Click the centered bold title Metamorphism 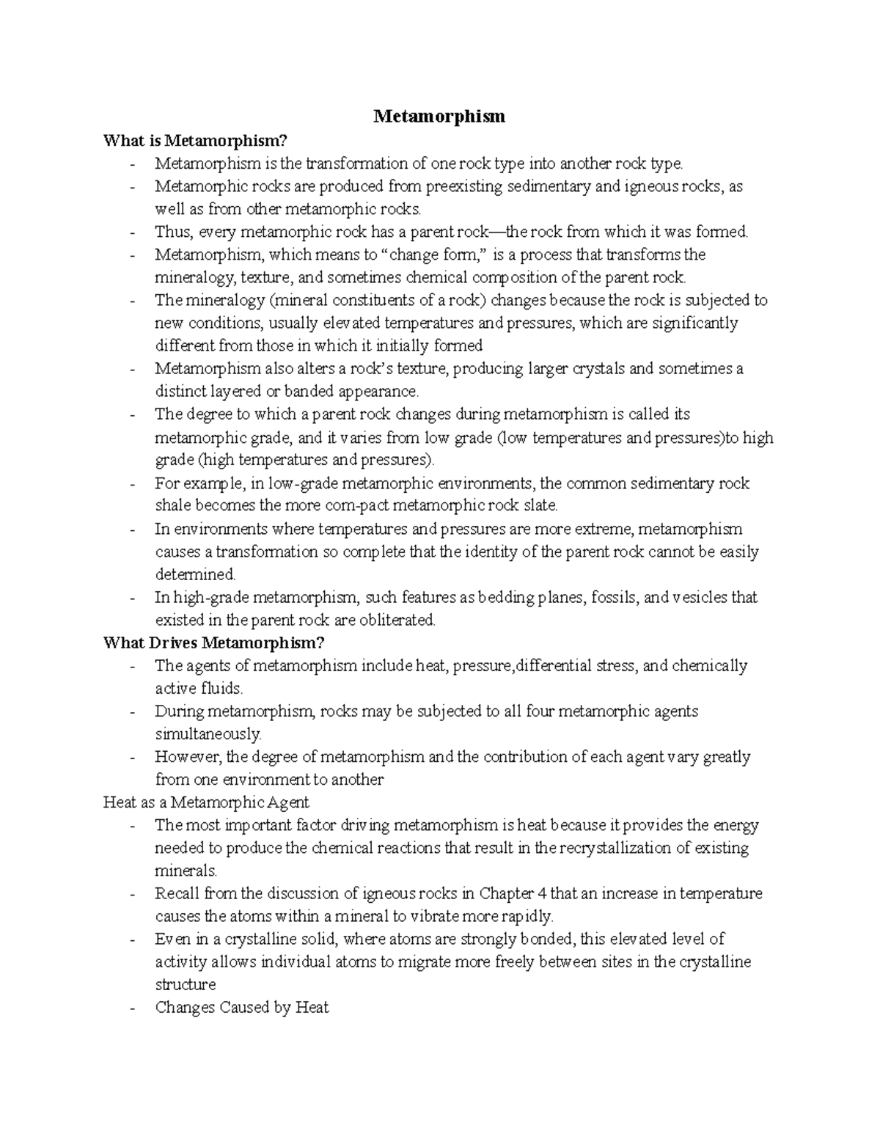click(439, 116)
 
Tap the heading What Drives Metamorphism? click(213, 642)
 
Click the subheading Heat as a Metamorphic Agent click(206, 802)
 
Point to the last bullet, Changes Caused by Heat click(241, 1007)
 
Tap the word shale click(172, 505)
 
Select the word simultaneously click(208, 733)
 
